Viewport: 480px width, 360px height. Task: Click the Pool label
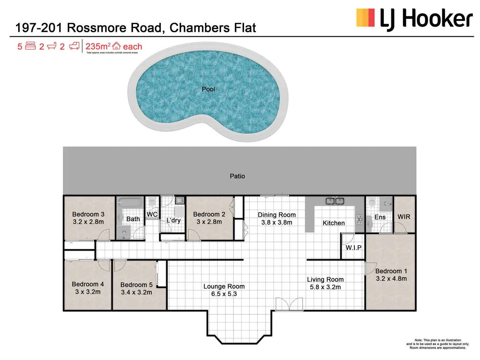[x=208, y=89]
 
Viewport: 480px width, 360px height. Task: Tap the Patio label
[x=237, y=176]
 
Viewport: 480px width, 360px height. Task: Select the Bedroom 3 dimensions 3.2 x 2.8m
[x=88, y=222]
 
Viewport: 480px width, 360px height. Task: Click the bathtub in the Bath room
[x=130, y=202]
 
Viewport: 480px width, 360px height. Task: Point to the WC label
[x=152, y=214]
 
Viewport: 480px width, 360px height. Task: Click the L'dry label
[x=173, y=220]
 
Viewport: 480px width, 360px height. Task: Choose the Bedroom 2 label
[x=209, y=214]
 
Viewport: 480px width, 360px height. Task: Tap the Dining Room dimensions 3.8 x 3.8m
[x=277, y=222]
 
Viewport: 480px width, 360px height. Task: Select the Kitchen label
[x=334, y=223]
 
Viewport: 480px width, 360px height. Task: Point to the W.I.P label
[x=353, y=247]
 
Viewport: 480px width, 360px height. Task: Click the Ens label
[x=380, y=217]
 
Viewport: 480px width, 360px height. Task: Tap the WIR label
[x=403, y=217]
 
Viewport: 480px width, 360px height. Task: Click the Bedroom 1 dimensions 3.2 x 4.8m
[x=391, y=278]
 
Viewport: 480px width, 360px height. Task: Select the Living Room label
[x=325, y=279]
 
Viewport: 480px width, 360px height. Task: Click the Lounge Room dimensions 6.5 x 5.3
[x=224, y=293]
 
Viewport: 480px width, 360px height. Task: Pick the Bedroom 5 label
[x=136, y=285]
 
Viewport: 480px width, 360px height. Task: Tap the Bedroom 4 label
[x=88, y=284]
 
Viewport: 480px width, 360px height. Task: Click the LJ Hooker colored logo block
[x=365, y=18]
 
